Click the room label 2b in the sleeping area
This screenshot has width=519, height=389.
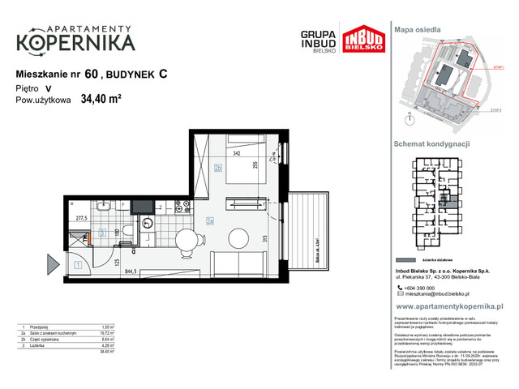pos(218,168)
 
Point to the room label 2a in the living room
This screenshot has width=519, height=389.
pos(209,220)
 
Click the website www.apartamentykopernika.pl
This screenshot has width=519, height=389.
pos(450,307)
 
